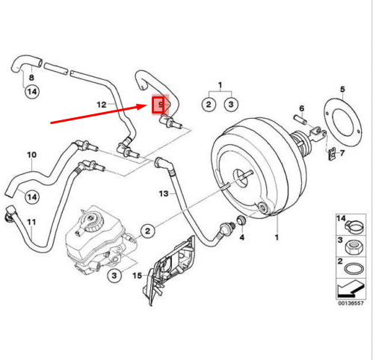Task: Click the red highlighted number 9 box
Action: [158, 105]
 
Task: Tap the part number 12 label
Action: [102, 105]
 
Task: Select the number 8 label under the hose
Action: [31, 78]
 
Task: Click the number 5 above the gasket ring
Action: [342, 89]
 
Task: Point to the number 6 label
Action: [302, 108]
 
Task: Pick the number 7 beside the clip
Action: [342, 153]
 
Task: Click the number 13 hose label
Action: [164, 193]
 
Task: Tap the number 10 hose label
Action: [31, 155]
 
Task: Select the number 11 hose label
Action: [31, 222]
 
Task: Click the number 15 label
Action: [138, 276]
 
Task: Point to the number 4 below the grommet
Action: [242, 238]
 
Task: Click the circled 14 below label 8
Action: [32, 92]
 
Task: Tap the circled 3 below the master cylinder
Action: [114, 276]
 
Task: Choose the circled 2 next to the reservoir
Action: [147, 231]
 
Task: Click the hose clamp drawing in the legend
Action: [354, 226]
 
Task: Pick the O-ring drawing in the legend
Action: [354, 269]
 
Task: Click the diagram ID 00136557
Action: [351, 303]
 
